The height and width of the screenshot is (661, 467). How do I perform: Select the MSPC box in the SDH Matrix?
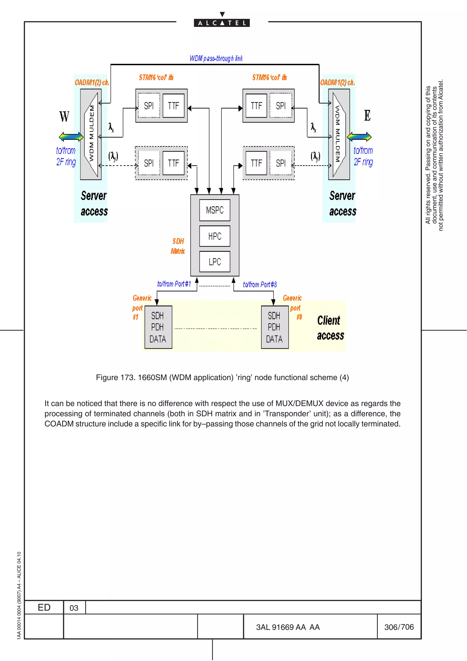tap(215, 210)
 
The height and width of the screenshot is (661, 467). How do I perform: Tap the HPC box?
tap(215, 236)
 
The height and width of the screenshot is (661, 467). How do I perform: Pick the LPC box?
tap(215, 262)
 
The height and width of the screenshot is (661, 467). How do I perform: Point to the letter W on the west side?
tap(64, 116)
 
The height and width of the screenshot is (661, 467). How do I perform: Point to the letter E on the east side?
tap(367, 115)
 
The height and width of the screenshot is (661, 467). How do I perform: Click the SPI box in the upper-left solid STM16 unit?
tap(149, 106)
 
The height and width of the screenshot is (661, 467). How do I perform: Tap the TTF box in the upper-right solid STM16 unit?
tap(256, 106)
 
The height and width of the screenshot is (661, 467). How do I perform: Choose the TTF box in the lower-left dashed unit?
tap(173, 163)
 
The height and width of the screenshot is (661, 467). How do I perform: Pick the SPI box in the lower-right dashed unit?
tap(280, 163)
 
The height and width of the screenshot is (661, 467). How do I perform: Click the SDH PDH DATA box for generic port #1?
tap(158, 327)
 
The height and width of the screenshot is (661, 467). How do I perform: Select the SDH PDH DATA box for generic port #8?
tap(275, 327)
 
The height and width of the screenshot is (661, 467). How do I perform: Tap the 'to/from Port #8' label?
tap(259, 284)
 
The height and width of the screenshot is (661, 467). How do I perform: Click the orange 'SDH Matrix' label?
tap(178, 246)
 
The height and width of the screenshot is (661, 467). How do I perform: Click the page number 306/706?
tap(399, 627)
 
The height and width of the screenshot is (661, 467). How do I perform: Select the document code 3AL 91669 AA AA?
tap(288, 627)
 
